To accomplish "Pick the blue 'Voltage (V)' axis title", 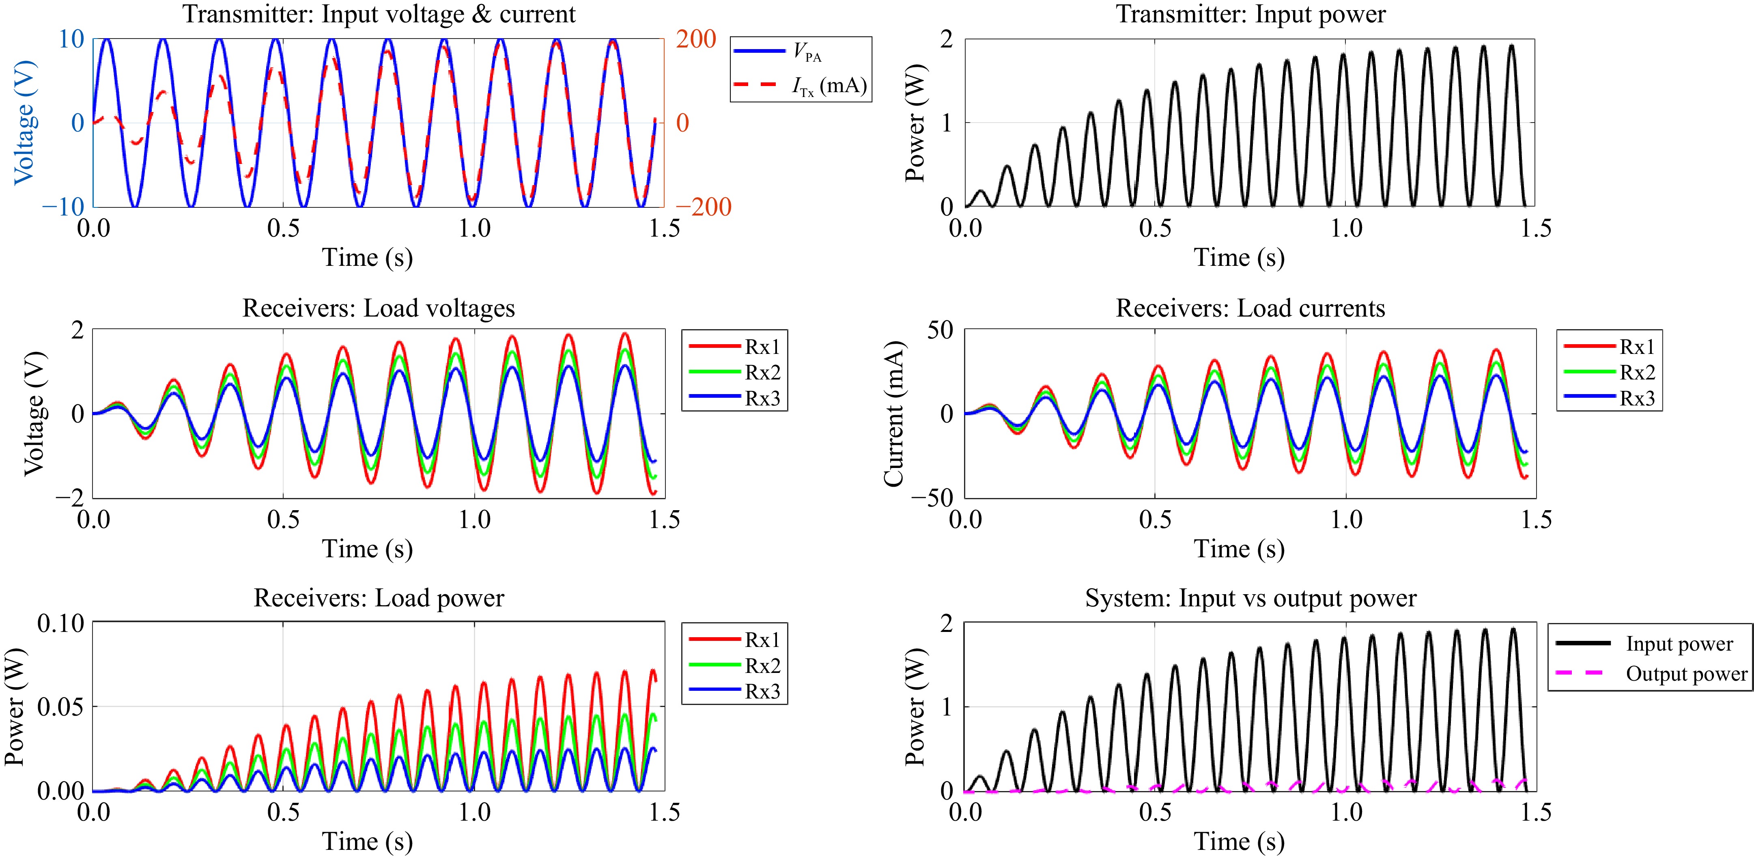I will coord(24,123).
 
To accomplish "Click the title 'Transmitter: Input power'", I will coord(1250,14).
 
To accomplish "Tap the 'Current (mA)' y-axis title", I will coord(893,413).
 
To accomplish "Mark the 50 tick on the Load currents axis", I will coord(940,331).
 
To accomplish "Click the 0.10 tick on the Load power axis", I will coord(60,623).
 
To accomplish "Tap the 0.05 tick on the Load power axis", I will coord(60,707).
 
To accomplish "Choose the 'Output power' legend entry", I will coord(1686,674).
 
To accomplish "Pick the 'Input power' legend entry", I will coord(1679,644).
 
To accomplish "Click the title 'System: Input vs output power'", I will coord(1250,598).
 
